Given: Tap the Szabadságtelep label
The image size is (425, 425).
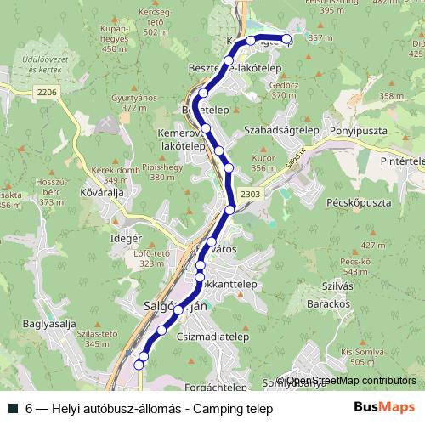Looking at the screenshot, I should click(x=280, y=132).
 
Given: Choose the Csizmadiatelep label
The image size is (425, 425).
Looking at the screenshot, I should click(x=240, y=336).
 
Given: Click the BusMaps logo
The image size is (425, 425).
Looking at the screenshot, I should click(x=382, y=407).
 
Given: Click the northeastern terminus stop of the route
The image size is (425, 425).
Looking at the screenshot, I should click(x=286, y=40).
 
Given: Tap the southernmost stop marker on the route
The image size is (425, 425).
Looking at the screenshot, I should click(x=140, y=364).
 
